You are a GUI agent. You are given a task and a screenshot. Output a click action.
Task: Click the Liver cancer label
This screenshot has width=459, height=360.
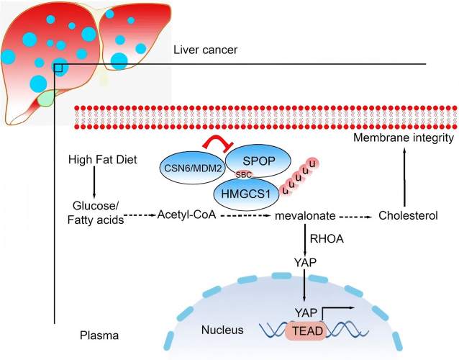coord(205,50)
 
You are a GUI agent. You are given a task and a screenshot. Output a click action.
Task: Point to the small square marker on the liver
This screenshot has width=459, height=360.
coord(59,67)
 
